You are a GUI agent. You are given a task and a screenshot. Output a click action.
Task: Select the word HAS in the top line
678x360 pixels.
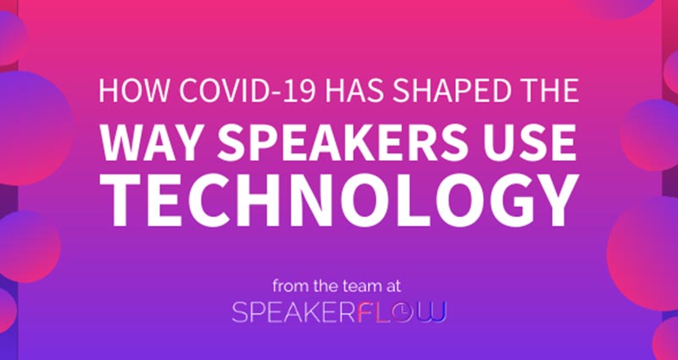coord(358,91)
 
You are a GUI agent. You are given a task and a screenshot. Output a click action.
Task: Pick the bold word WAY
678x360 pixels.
coord(153,142)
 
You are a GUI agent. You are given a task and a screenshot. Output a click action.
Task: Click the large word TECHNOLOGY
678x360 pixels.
coord(339,200)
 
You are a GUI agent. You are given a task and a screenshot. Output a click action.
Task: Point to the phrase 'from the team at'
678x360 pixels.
coord(340,286)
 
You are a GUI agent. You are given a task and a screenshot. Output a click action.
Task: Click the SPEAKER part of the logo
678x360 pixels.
coord(294,313)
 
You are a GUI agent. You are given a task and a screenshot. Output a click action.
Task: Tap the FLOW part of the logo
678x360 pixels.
coord(402,313)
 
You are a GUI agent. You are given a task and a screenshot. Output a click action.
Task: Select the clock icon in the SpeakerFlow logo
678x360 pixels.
coord(407,313)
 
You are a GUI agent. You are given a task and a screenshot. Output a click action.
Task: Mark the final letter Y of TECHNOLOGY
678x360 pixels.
coord(556,201)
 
